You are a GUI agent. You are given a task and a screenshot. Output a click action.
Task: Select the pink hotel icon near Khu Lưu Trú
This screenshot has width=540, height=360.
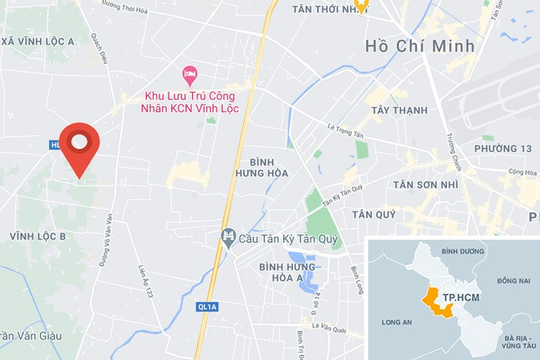point(189,74)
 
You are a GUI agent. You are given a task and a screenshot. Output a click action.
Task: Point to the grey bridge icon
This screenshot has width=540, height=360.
point(228,239)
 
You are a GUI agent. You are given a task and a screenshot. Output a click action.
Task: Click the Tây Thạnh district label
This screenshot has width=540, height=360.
point(399,110)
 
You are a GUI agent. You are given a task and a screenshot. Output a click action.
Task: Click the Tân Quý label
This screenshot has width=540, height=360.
point(373,214)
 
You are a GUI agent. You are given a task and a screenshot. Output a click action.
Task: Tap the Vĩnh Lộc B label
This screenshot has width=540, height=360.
point(38,236)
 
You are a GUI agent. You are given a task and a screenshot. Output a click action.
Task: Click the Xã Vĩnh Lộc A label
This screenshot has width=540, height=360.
point(39,41)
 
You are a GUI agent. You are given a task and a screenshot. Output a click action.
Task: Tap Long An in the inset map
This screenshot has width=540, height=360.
point(397,322)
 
